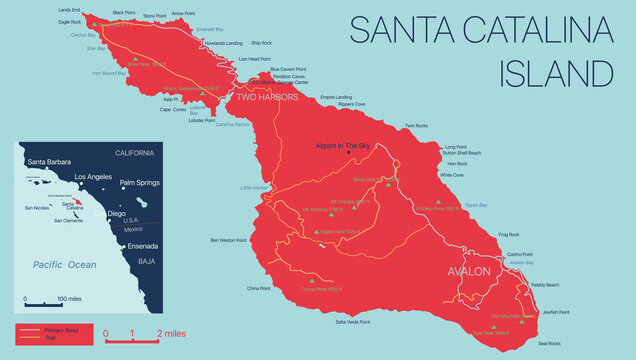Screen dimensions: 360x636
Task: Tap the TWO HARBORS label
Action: point(267,98)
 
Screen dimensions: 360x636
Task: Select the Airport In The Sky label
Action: point(343,146)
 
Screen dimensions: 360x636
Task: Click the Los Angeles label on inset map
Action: point(85,175)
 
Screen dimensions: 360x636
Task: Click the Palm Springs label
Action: point(140,184)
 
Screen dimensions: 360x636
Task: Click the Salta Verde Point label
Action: point(353,322)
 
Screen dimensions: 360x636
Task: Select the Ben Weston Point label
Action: point(229,240)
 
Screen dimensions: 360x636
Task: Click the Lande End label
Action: point(69,10)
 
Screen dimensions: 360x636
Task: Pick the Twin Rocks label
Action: point(416,126)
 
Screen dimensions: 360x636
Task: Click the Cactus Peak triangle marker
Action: point(312,278)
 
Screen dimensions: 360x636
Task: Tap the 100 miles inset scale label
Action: point(69,298)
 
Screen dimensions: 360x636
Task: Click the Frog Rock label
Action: point(508,234)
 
